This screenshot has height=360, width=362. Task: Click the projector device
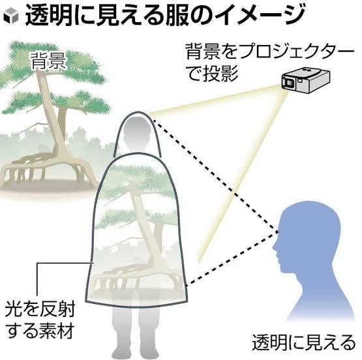click(x=306, y=79)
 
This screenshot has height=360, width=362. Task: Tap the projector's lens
click(x=289, y=82)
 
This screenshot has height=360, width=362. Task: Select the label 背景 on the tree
click(x=48, y=61)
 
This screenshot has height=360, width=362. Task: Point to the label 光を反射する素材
click(x=40, y=322)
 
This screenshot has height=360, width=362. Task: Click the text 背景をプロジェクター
click(x=269, y=51)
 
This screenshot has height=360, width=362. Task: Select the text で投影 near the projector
click(x=213, y=74)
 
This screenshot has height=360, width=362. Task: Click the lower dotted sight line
click(x=232, y=259)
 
